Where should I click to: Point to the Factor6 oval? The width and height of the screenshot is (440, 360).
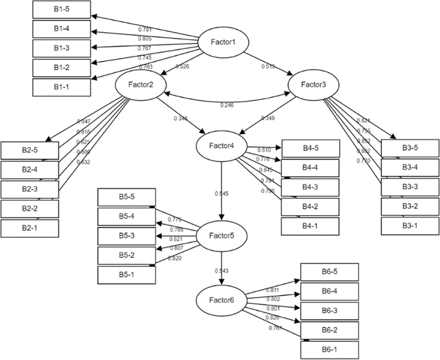(222, 300)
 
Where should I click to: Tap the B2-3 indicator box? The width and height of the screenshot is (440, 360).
(30, 189)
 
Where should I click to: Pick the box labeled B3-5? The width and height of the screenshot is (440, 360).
(410, 148)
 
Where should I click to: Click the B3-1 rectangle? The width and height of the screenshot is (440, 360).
(410, 226)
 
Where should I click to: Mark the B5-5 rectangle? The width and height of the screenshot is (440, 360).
(126, 197)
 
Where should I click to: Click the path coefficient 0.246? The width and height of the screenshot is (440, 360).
(226, 105)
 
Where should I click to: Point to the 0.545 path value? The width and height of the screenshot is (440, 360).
(221, 193)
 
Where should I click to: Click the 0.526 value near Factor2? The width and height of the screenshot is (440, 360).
(182, 66)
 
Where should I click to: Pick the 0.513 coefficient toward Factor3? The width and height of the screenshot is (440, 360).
(268, 66)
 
